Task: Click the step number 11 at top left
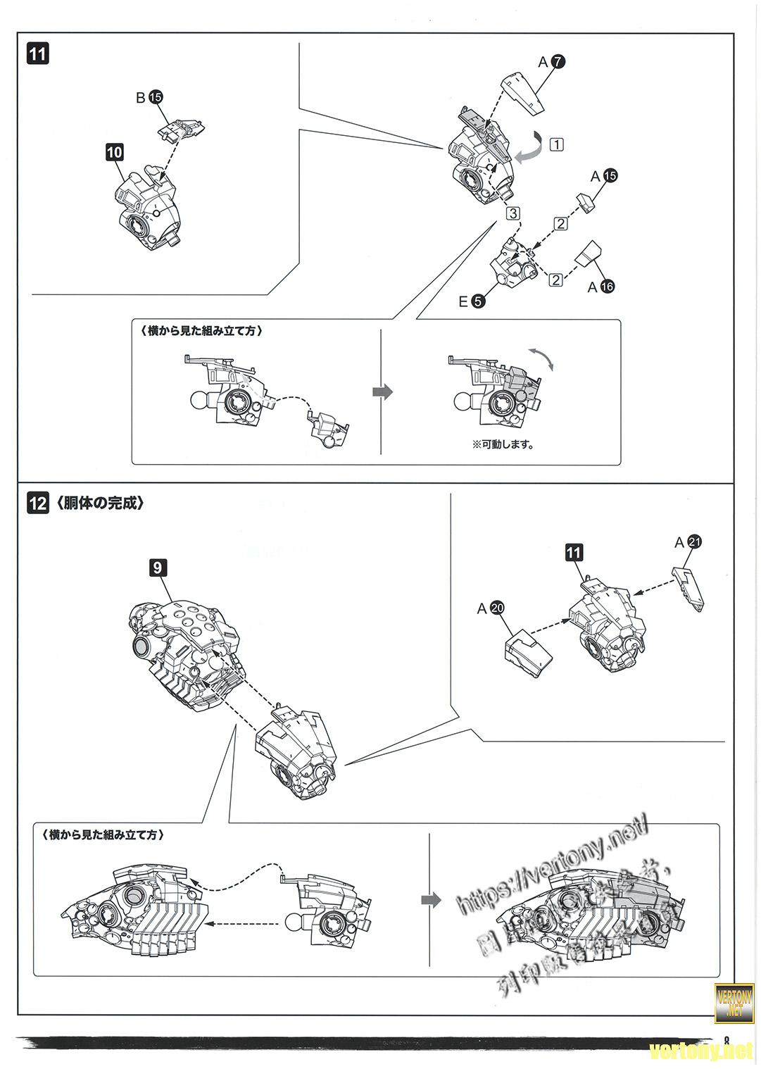(x=38, y=54)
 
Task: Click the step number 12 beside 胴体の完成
(x=38, y=504)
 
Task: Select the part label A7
(x=551, y=62)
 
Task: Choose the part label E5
(x=471, y=301)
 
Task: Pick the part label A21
(x=688, y=542)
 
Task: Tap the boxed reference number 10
(x=114, y=151)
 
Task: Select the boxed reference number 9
(x=158, y=565)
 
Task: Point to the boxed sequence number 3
(x=513, y=213)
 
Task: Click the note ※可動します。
(x=503, y=444)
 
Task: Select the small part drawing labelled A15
(x=586, y=204)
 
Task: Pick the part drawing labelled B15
(x=181, y=128)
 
